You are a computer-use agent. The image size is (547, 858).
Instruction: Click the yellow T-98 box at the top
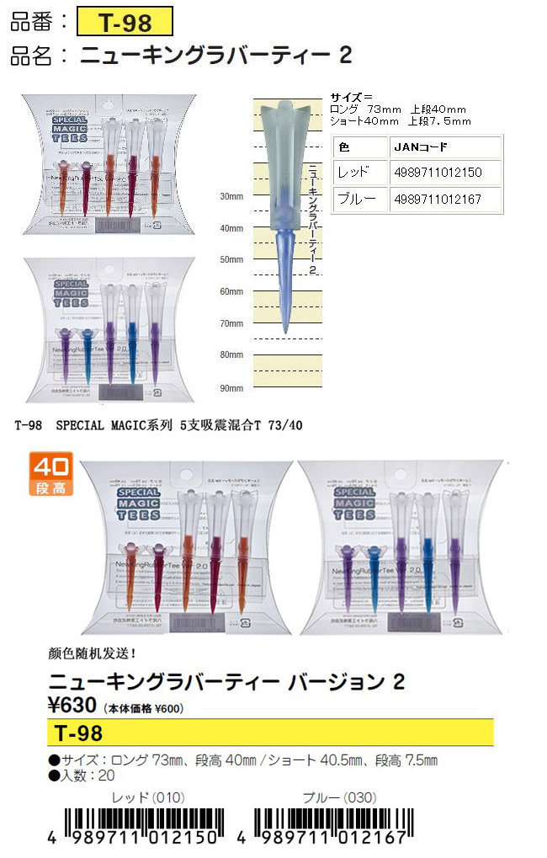[125, 21]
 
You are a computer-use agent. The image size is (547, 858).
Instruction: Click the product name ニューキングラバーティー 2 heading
[215, 56]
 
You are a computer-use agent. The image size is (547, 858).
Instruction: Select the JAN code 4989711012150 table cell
[446, 172]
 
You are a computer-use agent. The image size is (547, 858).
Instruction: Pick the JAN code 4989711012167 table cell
[446, 199]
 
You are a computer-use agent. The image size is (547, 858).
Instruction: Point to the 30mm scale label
[230, 196]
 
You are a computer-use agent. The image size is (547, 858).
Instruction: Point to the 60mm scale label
[230, 291]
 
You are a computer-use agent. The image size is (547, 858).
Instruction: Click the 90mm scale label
[230, 388]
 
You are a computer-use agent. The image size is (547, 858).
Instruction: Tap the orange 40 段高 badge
[50, 474]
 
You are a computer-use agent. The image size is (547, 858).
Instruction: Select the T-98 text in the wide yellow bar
[77, 733]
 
